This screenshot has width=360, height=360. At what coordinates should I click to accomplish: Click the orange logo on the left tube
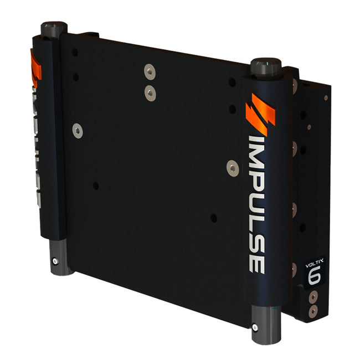pyautogui.click(x=35, y=69)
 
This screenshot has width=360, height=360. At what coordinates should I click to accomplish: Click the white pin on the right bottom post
pyautogui.click(x=254, y=327)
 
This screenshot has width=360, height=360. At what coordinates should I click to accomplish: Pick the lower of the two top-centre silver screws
pyautogui.click(x=150, y=92)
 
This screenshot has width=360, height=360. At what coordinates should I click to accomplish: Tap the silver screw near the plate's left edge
pyautogui.click(x=78, y=131)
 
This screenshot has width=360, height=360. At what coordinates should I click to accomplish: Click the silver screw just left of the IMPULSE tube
pyautogui.click(x=233, y=167)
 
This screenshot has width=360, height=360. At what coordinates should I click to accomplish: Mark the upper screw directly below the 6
pyautogui.click(x=313, y=297)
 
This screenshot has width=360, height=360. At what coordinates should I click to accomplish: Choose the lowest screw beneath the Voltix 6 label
pyautogui.click(x=314, y=312)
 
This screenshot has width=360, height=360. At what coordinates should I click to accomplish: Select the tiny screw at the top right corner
pyautogui.click(x=326, y=98)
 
